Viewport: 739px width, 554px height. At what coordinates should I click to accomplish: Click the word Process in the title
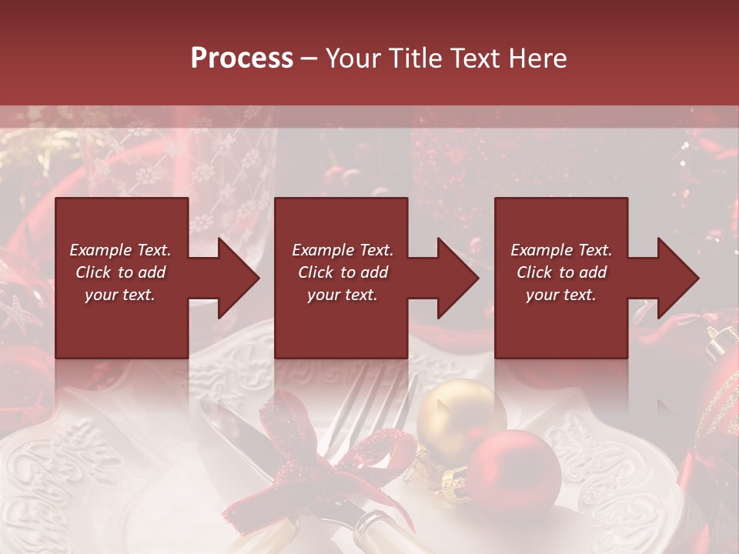242,58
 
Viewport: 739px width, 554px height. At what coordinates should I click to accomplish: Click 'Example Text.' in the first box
120,250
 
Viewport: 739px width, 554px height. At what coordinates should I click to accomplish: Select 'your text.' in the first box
120,295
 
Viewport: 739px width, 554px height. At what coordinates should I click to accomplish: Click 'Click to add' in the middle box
343,272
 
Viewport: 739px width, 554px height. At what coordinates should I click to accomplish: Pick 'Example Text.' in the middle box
343,250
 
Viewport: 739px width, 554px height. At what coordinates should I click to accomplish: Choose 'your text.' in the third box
561,295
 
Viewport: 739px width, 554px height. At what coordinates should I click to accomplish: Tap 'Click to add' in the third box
561,272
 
